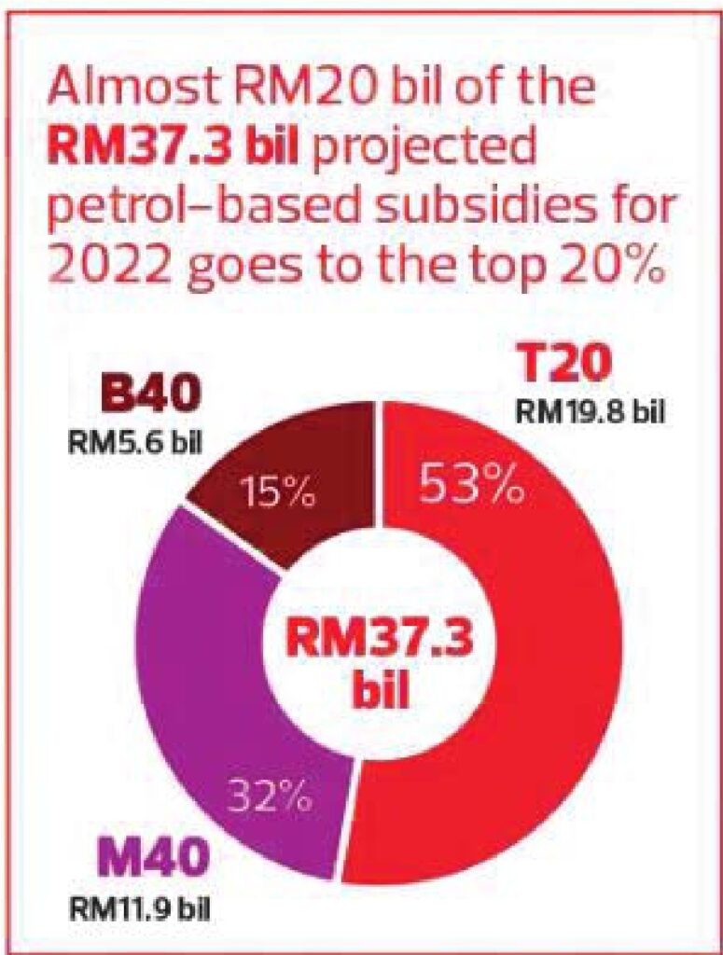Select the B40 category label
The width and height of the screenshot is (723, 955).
tap(150, 396)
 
